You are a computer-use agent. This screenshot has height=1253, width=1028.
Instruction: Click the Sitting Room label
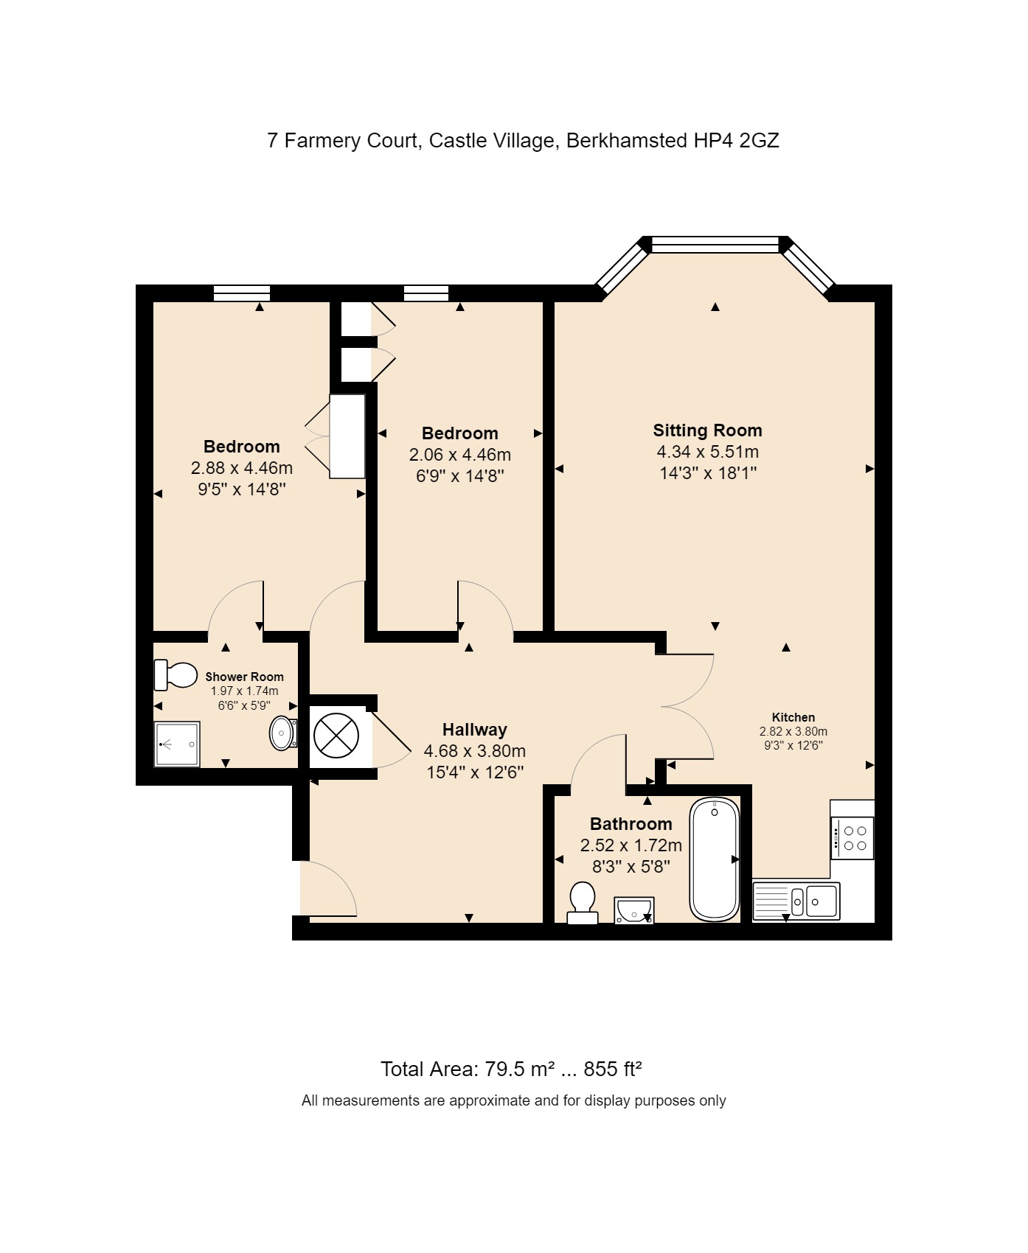coord(707,430)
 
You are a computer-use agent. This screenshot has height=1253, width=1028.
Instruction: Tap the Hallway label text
coord(475,730)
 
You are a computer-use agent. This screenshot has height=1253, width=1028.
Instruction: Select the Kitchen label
coord(793,717)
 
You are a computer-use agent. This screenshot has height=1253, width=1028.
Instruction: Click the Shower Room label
coord(244,677)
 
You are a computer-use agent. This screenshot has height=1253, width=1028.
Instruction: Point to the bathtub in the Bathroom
coord(715,859)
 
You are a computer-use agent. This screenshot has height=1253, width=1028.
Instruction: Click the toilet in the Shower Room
coord(176,675)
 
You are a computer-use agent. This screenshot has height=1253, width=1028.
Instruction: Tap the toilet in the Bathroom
coord(583,903)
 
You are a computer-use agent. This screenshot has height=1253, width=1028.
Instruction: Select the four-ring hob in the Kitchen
coord(852,838)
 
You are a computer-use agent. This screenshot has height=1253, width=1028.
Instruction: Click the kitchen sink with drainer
coord(796,901)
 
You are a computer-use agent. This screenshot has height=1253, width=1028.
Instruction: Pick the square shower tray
coord(177,744)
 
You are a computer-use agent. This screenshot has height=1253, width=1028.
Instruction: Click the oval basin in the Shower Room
coord(283,733)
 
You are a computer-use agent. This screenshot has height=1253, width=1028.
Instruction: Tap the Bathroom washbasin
coord(634,910)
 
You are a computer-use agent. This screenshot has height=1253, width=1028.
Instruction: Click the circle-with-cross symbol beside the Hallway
coord(336,736)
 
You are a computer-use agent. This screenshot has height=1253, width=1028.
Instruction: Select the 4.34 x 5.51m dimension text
coord(708,452)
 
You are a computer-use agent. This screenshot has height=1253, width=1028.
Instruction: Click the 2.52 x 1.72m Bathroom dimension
coord(631,845)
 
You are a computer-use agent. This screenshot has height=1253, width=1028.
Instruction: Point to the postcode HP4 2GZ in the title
coord(736,140)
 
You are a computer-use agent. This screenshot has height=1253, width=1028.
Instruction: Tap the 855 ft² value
coord(613,1069)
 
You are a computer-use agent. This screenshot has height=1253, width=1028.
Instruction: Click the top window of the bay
coord(715,245)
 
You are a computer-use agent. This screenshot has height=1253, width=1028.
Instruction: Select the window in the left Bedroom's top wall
coord(242,293)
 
